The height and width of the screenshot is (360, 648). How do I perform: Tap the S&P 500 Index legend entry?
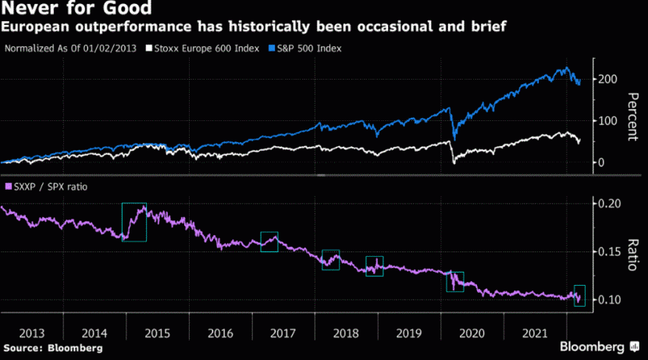pos(303,48)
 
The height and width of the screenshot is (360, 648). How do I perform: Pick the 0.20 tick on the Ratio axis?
pos(614,204)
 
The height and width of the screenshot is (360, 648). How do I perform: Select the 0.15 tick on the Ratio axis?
pos(614,252)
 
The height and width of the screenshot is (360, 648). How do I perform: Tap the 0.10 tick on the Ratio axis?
pos(614,301)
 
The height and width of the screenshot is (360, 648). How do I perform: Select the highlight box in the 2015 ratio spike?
pos(134,221)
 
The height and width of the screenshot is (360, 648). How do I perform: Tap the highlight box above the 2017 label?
pos(269,241)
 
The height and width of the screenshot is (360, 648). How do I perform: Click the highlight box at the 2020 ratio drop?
pos(454,281)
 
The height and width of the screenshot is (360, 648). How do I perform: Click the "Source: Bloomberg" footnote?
pos(52,347)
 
